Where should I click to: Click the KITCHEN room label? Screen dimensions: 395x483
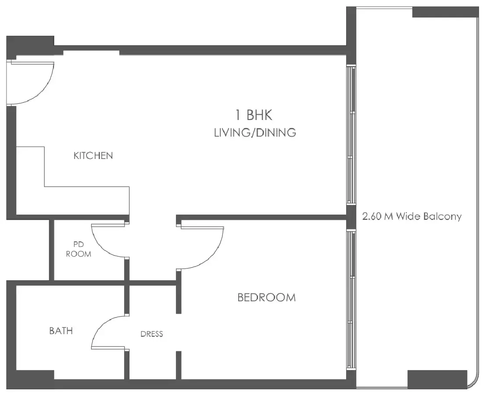click(93, 155)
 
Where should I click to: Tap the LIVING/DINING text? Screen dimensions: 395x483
click(254, 133)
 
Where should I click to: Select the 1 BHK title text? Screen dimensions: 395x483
click(254, 116)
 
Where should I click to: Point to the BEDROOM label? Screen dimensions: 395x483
click(266, 298)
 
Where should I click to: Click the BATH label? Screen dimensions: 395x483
click(61, 331)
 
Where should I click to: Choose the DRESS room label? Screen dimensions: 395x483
click(152, 334)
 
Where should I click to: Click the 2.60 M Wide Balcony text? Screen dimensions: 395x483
click(412, 216)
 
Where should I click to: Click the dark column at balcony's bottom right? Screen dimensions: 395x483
click(437, 379)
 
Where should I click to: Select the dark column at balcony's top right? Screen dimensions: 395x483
click(444, 12)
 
